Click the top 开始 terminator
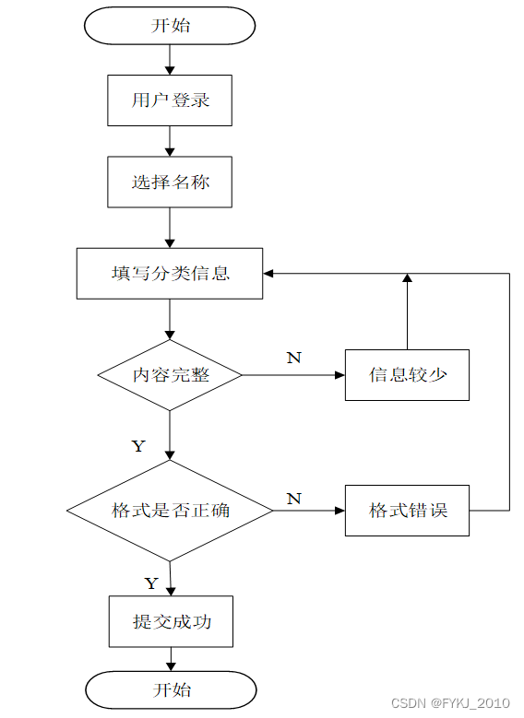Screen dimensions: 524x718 170,26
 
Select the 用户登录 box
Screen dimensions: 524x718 170,100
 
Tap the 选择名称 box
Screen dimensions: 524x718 170,182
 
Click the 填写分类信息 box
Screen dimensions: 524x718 170,274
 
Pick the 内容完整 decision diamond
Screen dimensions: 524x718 170,375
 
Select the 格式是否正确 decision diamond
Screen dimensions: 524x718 170,510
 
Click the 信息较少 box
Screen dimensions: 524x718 407,375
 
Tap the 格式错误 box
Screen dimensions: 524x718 407,510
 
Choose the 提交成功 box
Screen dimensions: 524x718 171,621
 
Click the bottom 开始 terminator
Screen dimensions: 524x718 171,690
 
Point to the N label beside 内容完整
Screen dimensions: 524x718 294,358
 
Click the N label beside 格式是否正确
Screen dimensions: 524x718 294,499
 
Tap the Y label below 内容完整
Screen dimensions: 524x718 138,446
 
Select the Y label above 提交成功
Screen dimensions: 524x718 151,583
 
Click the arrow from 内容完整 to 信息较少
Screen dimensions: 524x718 293,375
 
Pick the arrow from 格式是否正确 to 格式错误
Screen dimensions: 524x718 309,510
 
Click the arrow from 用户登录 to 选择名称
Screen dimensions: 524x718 170,141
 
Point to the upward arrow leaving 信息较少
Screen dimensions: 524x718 407,312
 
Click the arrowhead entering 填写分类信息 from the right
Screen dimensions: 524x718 268,274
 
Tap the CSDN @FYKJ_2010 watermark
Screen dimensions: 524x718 450,703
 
